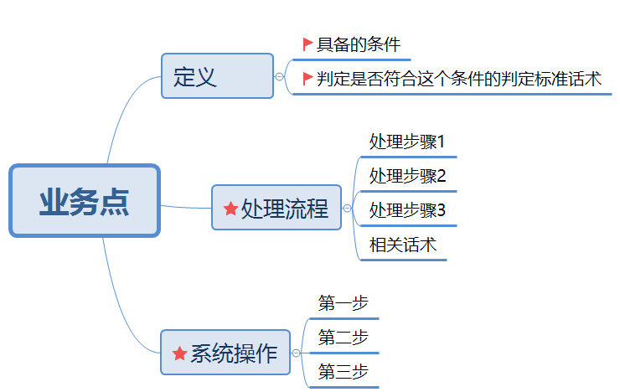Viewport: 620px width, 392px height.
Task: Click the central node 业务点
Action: pos(85,201)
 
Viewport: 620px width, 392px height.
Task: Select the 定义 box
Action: pos(218,76)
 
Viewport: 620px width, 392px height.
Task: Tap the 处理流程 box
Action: pos(276,208)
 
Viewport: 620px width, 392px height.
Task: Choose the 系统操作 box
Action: pos(225,353)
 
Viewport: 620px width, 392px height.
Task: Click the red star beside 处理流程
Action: pos(230,209)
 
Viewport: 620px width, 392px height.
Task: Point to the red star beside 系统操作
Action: pos(179,353)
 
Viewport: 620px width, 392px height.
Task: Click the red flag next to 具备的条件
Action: pos(307,44)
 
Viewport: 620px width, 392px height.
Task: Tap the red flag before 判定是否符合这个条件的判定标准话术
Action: pos(307,78)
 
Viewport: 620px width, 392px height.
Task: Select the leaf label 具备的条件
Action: pos(359,44)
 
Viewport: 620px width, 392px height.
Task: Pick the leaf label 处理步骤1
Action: pos(407,142)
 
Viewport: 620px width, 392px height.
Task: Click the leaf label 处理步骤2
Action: pos(407,176)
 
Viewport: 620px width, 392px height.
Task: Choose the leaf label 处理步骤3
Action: pos(407,210)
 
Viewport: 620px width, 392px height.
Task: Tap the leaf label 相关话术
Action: pos(403,245)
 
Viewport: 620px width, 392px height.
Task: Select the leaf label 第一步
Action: pos(344,303)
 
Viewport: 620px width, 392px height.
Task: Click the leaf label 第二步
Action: pos(344,338)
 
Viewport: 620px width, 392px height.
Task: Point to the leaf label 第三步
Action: pos(344,372)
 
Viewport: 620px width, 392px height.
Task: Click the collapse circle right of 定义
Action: pos(280,77)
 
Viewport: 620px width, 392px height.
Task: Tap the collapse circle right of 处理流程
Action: pos(347,209)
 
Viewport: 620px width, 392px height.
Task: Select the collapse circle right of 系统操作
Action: pos(296,353)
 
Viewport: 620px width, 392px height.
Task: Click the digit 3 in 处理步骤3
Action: pos(442,210)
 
